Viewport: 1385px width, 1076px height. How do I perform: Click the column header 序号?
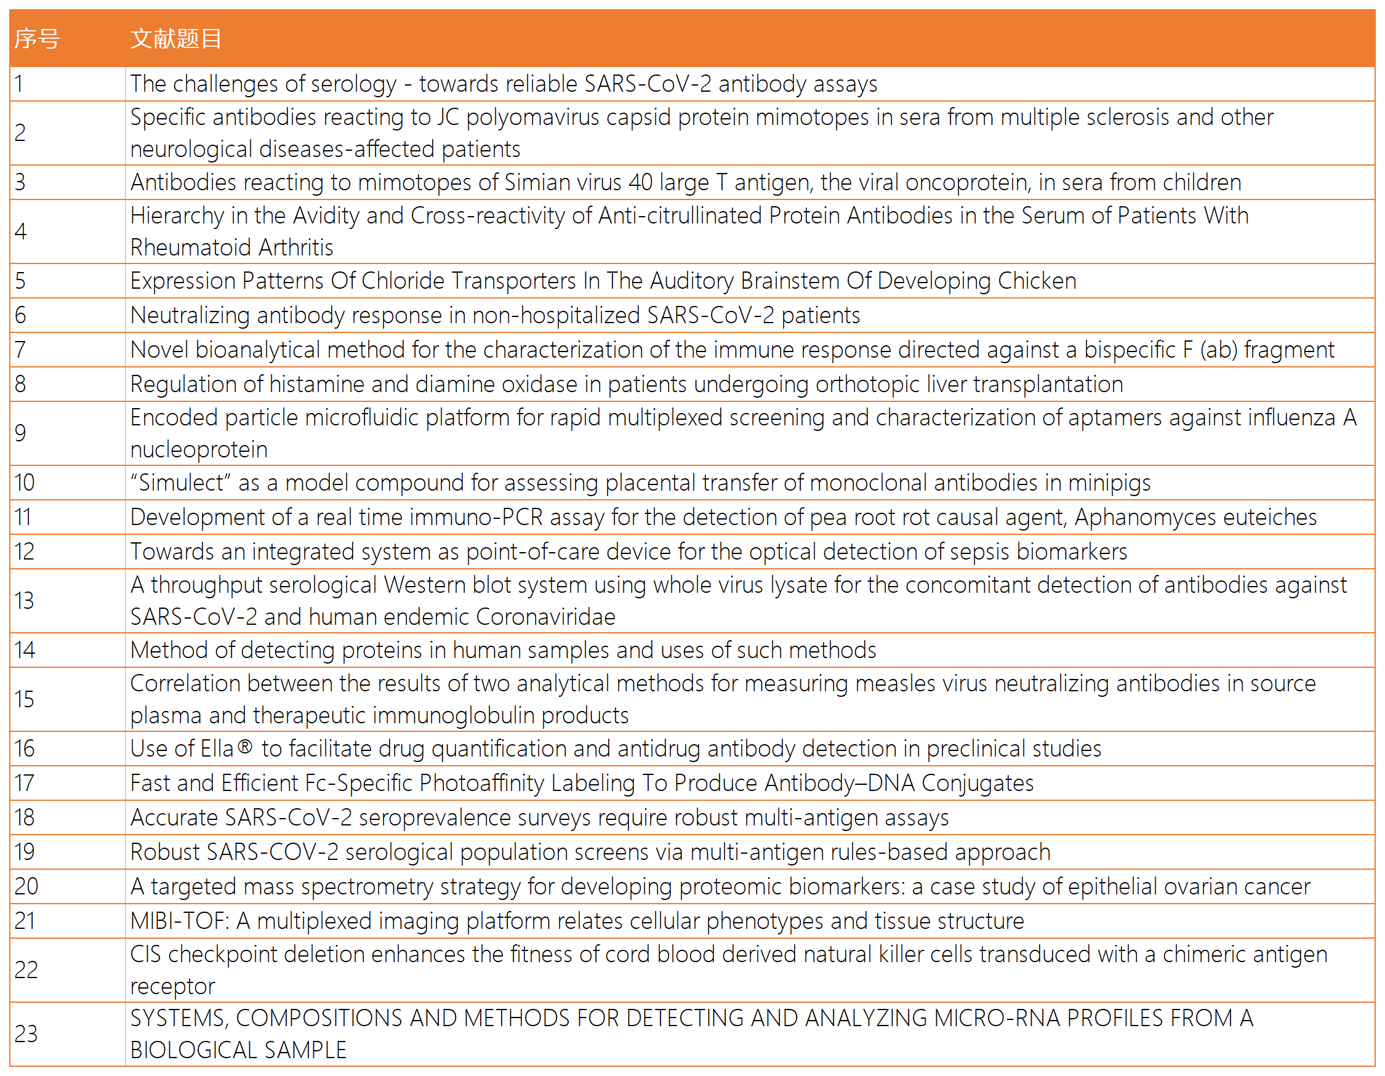[x=37, y=39]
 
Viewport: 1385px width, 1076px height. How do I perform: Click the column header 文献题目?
[x=175, y=39]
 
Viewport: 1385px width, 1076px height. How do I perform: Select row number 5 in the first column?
[x=20, y=281]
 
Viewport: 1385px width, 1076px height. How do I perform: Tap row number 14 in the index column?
[x=25, y=650]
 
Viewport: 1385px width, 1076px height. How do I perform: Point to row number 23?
[x=26, y=1034]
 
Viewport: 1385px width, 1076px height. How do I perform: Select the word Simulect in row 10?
[x=181, y=483]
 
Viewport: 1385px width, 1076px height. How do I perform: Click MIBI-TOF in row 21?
[x=180, y=921]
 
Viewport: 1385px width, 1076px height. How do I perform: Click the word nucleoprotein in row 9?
[x=198, y=449]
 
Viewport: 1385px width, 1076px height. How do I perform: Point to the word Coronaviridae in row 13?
[x=545, y=617]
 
